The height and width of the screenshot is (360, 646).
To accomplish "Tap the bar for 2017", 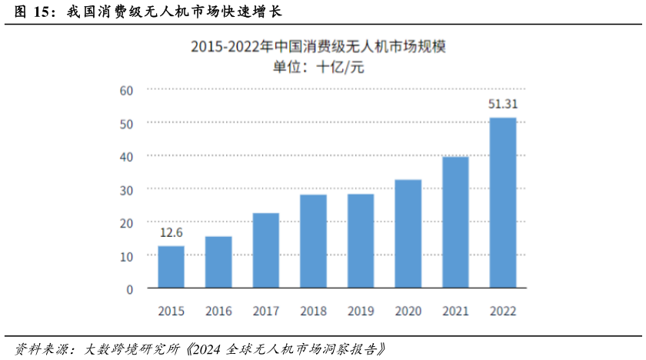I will click(266, 251).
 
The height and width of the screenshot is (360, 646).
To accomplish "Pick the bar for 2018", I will click(313, 242).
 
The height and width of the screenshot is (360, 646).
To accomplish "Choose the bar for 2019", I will click(361, 242).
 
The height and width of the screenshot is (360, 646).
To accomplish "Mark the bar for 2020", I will click(408, 235).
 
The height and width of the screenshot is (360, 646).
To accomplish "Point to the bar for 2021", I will click(455, 223).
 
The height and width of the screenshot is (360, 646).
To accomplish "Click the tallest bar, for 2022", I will click(503, 203).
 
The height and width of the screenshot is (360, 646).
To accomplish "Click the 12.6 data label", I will click(171, 233).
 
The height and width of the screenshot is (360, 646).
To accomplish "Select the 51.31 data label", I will click(503, 105).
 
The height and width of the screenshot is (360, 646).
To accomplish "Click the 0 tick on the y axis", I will click(130, 289).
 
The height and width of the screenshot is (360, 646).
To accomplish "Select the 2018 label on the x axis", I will click(313, 312).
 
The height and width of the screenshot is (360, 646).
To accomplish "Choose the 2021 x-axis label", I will click(455, 312).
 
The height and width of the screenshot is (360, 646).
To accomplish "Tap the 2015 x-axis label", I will click(171, 312).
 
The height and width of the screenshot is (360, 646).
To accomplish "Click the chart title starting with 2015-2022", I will click(318, 46).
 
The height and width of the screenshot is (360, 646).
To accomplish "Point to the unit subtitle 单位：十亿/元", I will click(318, 66).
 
